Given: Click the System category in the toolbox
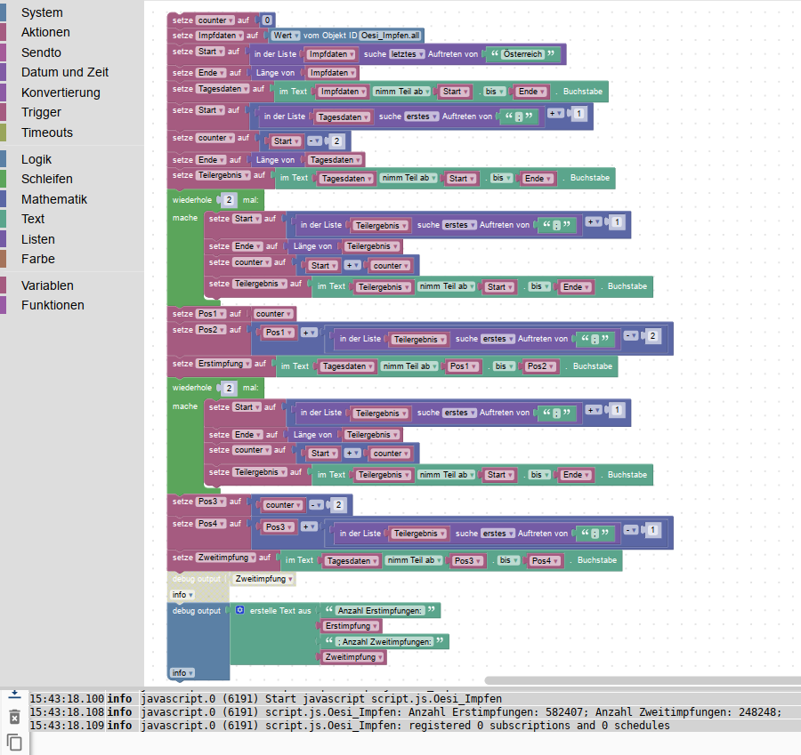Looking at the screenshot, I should pyautogui.click(x=42, y=12).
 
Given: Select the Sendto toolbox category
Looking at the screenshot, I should pyautogui.click(x=41, y=52).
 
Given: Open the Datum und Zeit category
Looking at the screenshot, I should pyautogui.click(x=65, y=72).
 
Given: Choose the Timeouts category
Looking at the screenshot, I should pyautogui.click(x=47, y=133).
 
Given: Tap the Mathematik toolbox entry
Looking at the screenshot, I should pyautogui.click(x=54, y=199).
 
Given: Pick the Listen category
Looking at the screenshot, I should pyautogui.click(x=38, y=239).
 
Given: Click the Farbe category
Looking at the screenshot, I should pyautogui.click(x=38, y=259).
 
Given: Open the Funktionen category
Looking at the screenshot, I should pyautogui.click(x=53, y=305).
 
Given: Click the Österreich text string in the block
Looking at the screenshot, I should pyautogui.click(x=525, y=54).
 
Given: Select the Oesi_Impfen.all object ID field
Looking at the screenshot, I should pyautogui.click(x=392, y=35).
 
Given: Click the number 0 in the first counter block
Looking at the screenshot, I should pyautogui.click(x=267, y=19).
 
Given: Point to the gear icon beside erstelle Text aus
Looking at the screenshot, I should pyautogui.click(x=239, y=610).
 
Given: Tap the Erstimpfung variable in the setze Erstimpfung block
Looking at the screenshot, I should pyautogui.click(x=222, y=364).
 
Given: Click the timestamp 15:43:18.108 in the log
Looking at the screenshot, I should pyautogui.click(x=66, y=711).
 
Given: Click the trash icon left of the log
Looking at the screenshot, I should pyautogui.click(x=14, y=717).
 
